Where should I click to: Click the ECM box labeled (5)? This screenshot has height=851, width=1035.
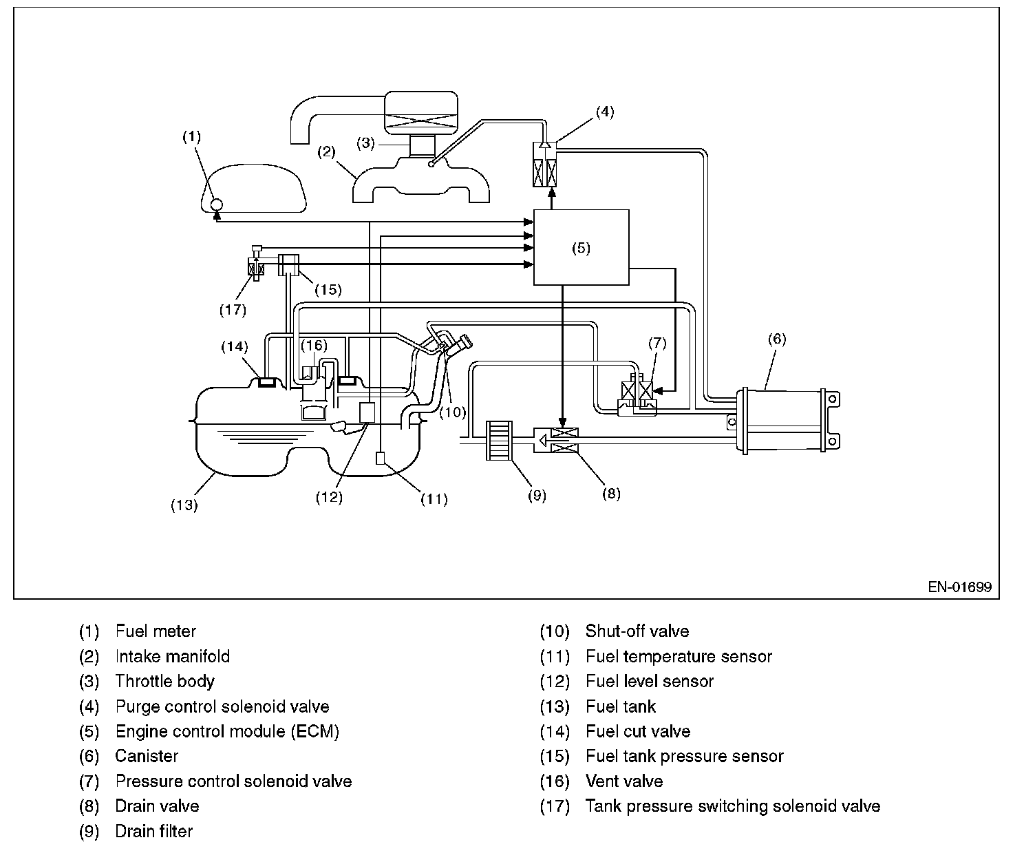(581, 248)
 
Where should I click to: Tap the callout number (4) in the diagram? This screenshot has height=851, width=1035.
(604, 112)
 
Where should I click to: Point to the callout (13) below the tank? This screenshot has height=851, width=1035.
(184, 505)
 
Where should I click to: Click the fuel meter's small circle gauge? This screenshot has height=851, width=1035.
(215, 204)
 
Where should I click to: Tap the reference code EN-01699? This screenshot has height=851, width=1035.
(959, 587)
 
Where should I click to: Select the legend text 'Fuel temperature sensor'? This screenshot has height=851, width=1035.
(679, 657)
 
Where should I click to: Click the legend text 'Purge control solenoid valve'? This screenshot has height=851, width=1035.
(222, 707)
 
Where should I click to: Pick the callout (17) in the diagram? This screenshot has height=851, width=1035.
(233, 310)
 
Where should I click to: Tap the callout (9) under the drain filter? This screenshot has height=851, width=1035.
(536, 495)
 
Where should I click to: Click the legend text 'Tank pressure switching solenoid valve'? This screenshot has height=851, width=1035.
(732, 806)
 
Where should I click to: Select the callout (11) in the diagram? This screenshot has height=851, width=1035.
(434, 499)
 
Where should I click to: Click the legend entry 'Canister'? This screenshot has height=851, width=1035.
(147, 757)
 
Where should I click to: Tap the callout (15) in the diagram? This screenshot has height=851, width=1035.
(328, 289)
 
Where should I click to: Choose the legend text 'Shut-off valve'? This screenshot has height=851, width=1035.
(637, 631)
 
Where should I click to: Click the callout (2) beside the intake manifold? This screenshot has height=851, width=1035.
(326, 151)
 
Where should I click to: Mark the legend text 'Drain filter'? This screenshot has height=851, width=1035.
(154, 832)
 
